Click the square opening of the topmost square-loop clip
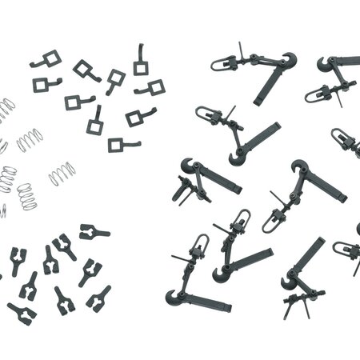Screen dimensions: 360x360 (x=141, y=68)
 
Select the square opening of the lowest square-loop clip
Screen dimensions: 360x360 (x=117, y=145)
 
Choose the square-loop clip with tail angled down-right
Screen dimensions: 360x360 (x=86, y=70)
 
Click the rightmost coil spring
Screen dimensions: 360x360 (x=62, y=173)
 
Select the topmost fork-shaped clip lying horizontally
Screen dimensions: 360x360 (x=94, y=233)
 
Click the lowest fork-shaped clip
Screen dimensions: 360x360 (x=22, y=311)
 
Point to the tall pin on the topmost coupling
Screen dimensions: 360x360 (x=240, y=50)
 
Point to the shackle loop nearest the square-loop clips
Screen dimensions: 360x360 (x=208, y=114)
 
